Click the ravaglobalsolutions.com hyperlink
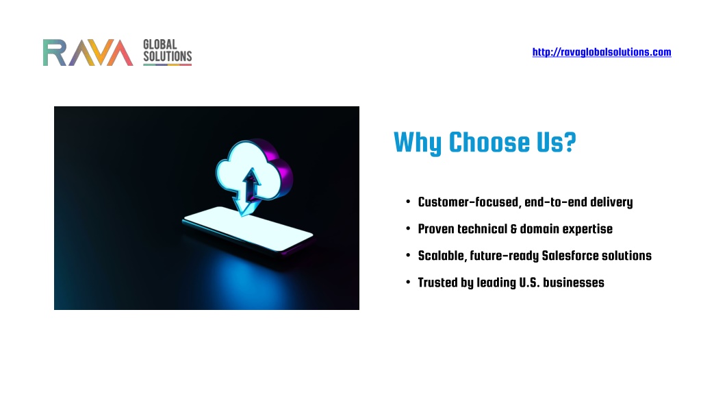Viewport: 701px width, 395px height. [601, 52]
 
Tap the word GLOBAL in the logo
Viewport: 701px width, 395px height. [160, 45]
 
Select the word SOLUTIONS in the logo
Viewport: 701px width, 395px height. [167, 56]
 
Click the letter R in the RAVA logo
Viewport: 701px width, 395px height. [55, 53]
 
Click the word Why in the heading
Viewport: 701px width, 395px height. [418, 143]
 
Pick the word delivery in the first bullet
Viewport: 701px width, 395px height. [611, 202]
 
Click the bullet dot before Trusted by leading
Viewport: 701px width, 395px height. [408, 282]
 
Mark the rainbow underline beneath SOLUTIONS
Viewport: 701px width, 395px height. [167, 65]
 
